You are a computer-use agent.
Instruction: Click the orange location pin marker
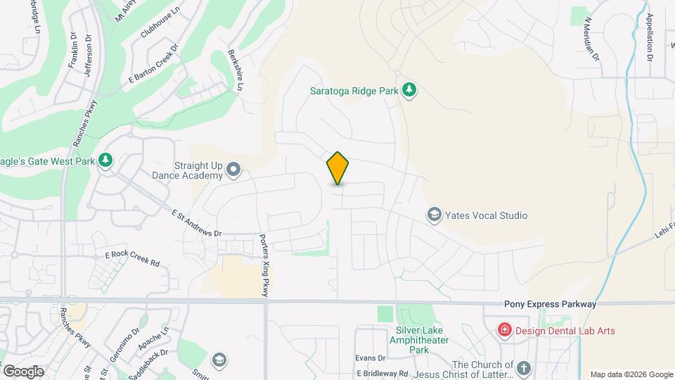(338, 167)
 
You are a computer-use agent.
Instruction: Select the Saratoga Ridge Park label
(354, 91)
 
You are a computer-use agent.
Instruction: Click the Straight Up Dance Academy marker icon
(234, 170)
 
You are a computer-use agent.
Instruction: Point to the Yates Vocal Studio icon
(435, 215)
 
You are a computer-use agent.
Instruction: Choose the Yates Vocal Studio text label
(487, 215)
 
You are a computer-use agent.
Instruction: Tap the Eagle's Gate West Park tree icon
(105, 160)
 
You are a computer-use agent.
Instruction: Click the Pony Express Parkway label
(550, 304)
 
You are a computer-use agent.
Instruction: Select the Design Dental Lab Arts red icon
(504, 329)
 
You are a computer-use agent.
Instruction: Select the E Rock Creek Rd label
(132, 258)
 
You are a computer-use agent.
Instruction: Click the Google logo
(23, 371)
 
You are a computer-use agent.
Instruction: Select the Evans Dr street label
(371, 358)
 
